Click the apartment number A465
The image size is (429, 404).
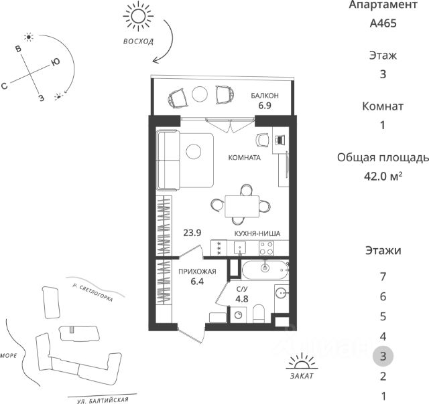383,23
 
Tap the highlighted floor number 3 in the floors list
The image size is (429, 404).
383,356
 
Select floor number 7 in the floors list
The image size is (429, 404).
383,276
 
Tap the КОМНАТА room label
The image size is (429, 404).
244,159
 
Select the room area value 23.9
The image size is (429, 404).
192,233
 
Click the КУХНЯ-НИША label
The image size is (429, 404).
257,233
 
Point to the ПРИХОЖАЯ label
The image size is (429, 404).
196,271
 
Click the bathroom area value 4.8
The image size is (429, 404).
242,298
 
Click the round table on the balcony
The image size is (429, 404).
200,95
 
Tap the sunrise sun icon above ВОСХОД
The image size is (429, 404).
139,17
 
